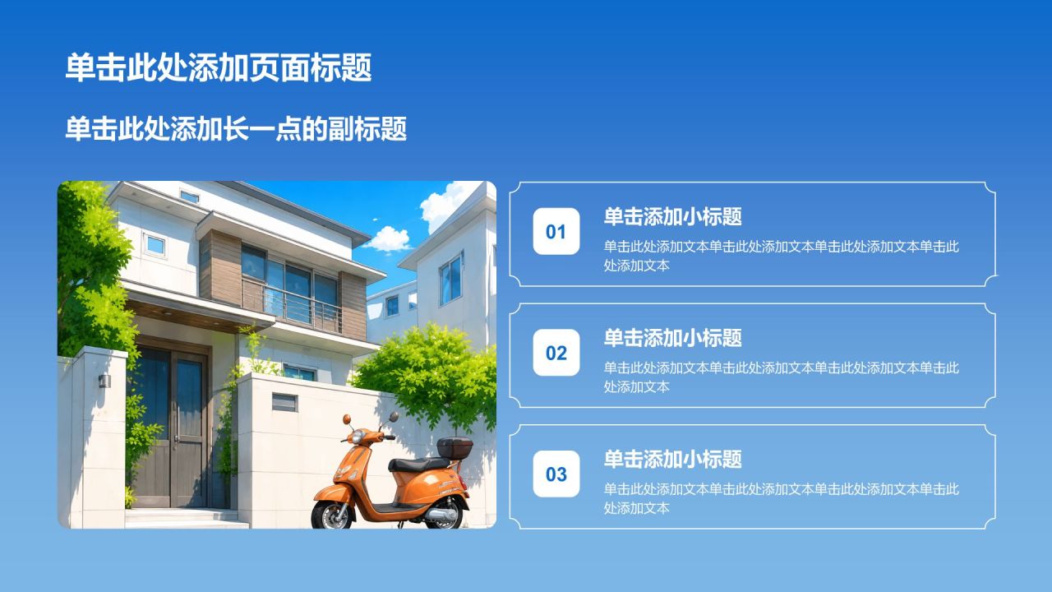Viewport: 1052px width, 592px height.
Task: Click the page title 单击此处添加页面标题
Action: click(x=219, y=67)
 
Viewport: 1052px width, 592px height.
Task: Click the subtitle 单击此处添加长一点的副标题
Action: click(x=236, y=129)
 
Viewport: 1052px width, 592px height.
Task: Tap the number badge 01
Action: click(x=556, y=231)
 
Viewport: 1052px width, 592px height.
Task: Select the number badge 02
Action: click(x=556, y=353)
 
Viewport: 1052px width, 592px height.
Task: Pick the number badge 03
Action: click(x=556, y=474)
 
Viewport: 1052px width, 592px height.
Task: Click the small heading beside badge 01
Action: click(x=672, y=216)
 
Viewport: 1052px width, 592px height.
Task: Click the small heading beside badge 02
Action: click(x=672, y=338)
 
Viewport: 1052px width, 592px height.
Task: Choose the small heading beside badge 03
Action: click(x=672, y=459)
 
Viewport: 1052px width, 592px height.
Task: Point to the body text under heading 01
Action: click(x=781, y=256)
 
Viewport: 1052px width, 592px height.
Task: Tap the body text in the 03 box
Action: click(x=781, y=498)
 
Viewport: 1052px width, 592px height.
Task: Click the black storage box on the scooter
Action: click(x=454, y=447)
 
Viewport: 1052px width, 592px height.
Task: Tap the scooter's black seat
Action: click(x=419, y=465)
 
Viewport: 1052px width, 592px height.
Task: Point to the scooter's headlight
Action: click(x=358, y=437)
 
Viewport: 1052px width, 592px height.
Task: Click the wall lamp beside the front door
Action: click(x=104, y=381)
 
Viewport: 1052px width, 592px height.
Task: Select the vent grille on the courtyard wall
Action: click(x=284, y=402)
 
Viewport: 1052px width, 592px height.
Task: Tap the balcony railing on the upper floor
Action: click(x=292, y=305)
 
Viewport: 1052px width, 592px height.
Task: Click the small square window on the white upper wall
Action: click(x=155, y=245)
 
